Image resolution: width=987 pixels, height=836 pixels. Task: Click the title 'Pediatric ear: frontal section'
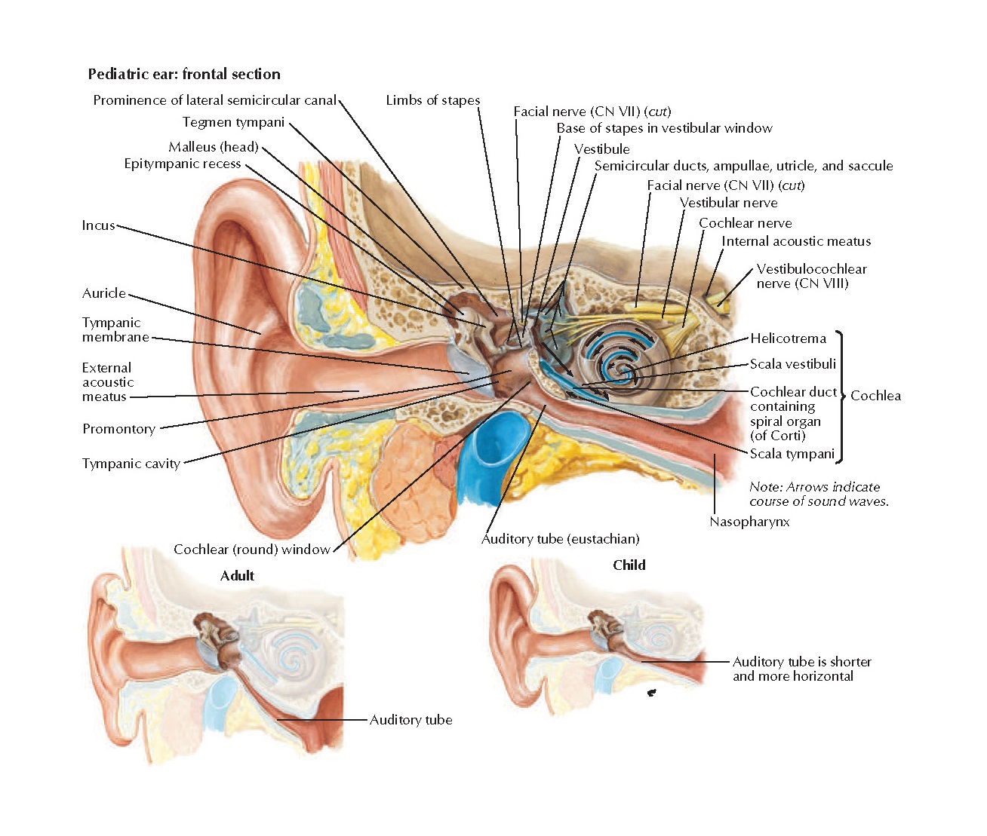click(x=184, y=74)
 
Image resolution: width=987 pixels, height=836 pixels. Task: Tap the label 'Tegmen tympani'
click(x=233, y=122)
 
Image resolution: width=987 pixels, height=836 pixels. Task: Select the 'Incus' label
click(x=98, y=225)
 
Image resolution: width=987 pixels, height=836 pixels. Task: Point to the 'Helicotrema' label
click(x=788, y=338)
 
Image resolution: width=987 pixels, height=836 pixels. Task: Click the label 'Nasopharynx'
click(x=749, y=522)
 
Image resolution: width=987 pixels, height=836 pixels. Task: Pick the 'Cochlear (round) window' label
click(x=252, y=550)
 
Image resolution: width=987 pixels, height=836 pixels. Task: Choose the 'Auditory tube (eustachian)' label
click(x=560, y=539)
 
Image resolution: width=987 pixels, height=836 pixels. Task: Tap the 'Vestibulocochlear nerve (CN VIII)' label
click(x=811, y=276)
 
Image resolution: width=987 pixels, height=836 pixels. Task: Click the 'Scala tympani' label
click(x=792, y=454)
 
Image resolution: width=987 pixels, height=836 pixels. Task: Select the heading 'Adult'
click(x=237, y=576)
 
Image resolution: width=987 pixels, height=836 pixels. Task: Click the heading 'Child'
click(x=629, y=565)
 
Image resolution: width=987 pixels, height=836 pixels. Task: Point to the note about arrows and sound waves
click(x=819, y=494)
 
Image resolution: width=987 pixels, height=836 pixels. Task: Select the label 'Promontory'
click(x=118, y=429)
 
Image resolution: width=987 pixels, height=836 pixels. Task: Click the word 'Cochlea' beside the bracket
click(x=875, y=396)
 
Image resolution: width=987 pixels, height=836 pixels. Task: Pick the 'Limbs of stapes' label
click(x=432, y=100)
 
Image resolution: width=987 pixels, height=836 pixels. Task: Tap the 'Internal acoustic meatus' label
click(x=796, y=241)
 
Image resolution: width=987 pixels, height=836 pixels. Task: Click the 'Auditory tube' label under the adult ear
click(x=410, y=720)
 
